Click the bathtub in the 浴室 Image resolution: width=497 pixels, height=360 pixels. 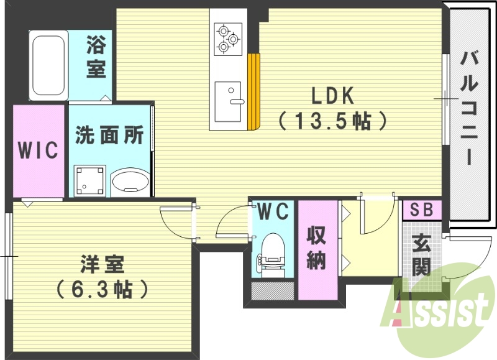[48, 65]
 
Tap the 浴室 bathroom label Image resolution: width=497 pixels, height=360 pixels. [96, 57]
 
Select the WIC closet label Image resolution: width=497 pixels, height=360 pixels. [38, 150]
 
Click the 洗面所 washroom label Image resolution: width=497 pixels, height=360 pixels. [109, 135]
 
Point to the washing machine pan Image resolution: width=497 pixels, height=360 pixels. [89, 181]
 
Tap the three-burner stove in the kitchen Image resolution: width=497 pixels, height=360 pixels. [227, 39]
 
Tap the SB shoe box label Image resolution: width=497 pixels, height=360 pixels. [422, 210]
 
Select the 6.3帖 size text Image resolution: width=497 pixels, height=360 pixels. [103, 288]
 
